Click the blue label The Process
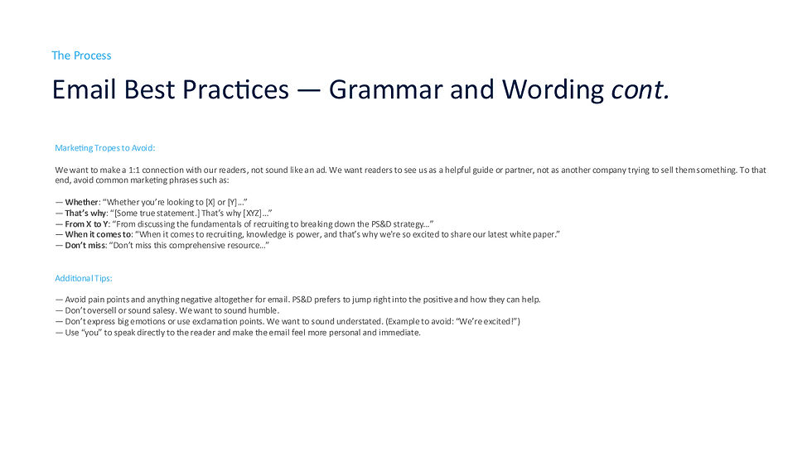81,55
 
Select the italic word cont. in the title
639,89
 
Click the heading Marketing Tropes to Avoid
104,147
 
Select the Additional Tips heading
89,278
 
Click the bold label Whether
81,202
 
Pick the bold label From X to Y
87,223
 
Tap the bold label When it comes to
98,234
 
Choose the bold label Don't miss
86,245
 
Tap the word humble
263,310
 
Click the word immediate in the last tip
399,332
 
